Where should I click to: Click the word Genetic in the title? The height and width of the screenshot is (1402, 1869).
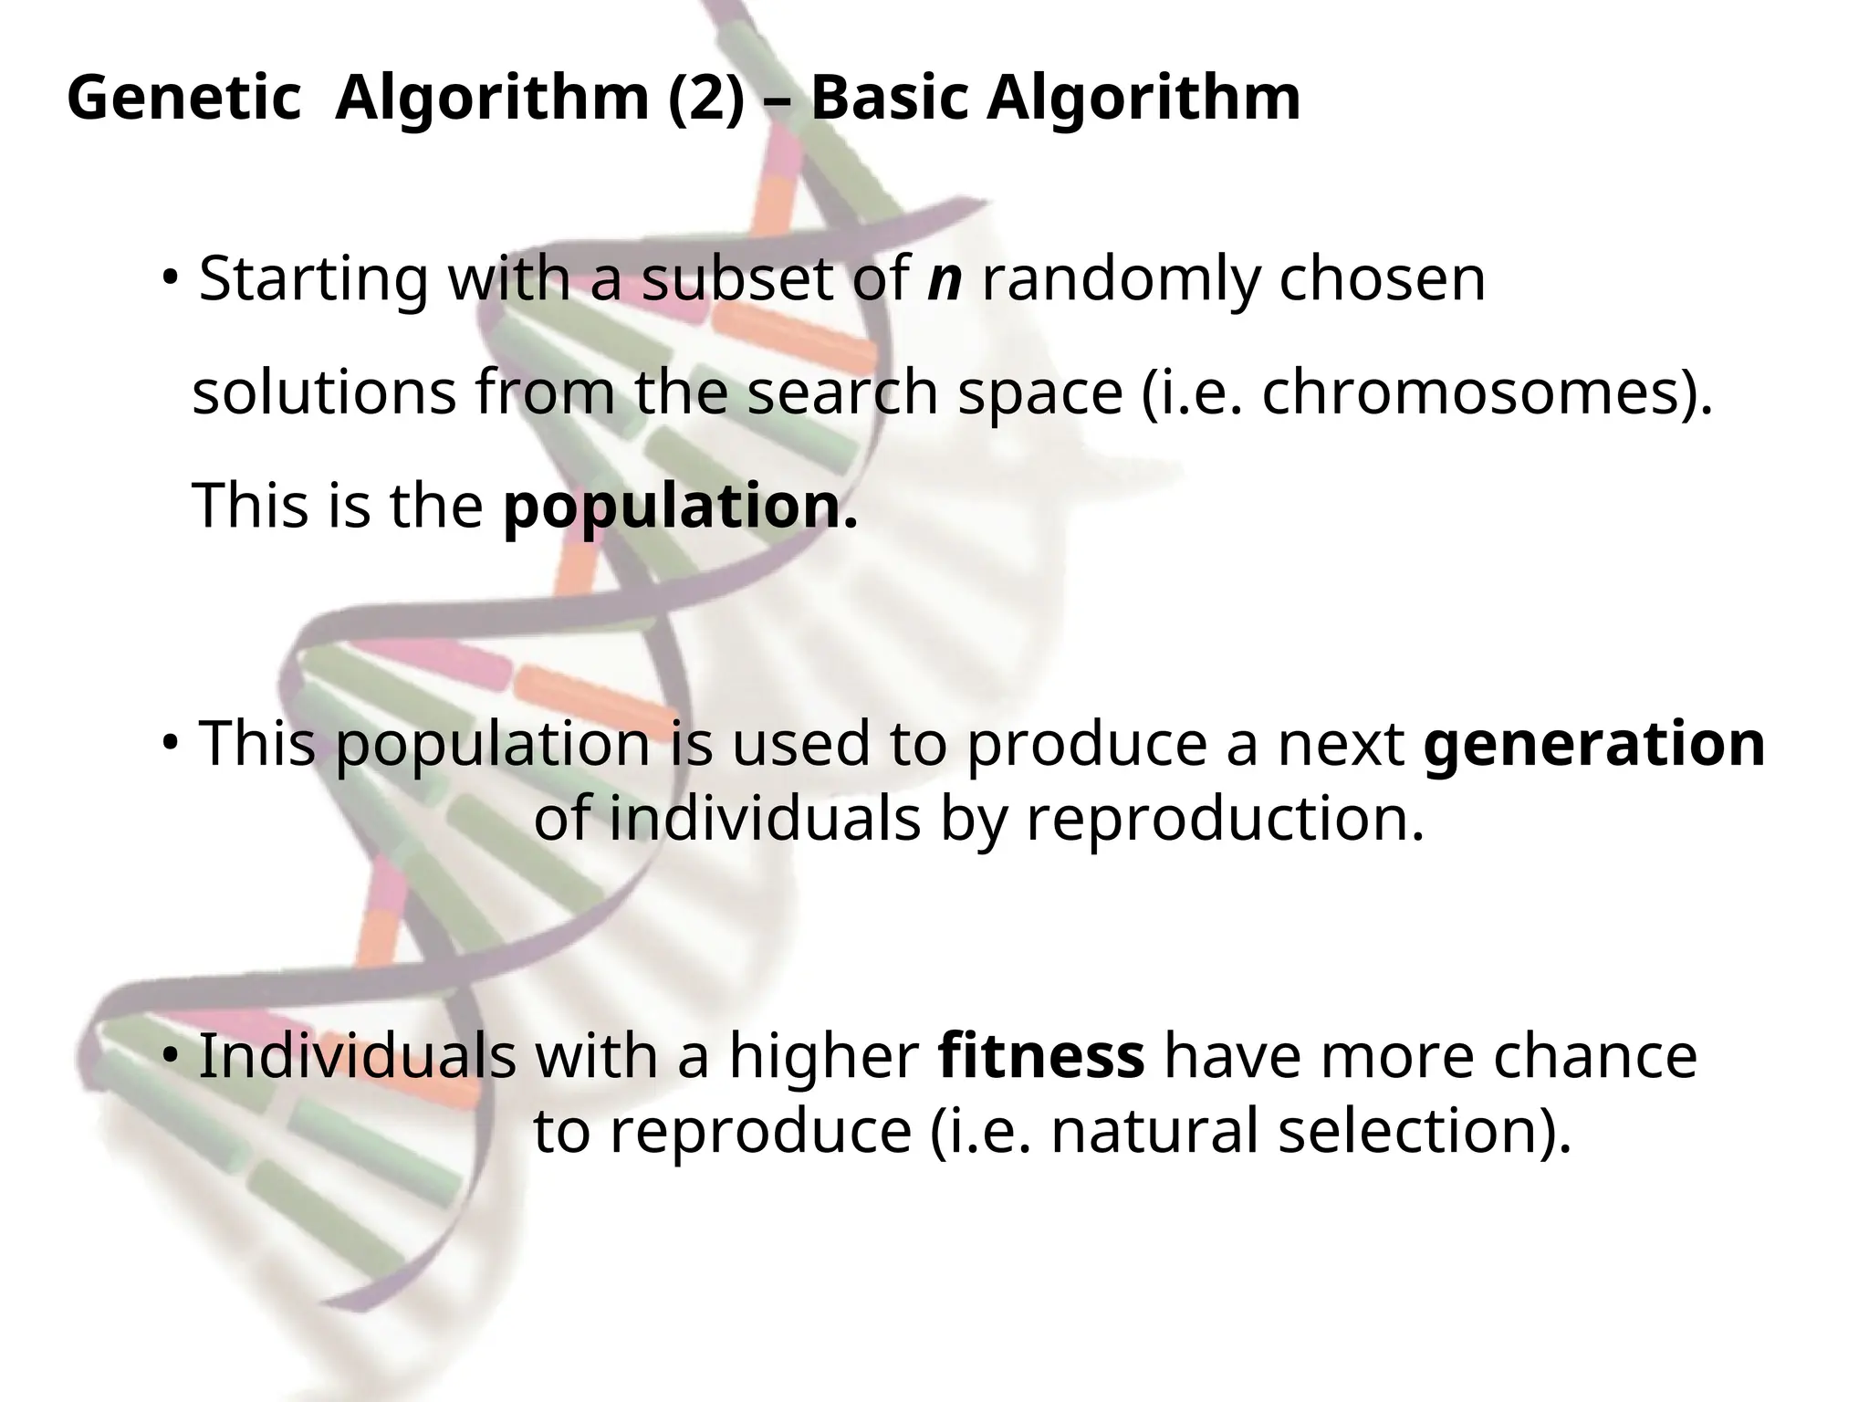point(183,98)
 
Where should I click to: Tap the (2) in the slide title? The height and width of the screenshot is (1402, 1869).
point(706,98)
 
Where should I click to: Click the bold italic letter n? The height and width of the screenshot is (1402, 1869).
point(945,278)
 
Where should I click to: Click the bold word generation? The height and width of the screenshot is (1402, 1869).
point(1594,744)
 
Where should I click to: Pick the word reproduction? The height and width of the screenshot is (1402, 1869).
point(1225,819)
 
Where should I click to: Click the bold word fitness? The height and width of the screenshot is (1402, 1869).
point(1041,1056)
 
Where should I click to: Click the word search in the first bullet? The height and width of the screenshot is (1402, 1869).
point(843,392)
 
